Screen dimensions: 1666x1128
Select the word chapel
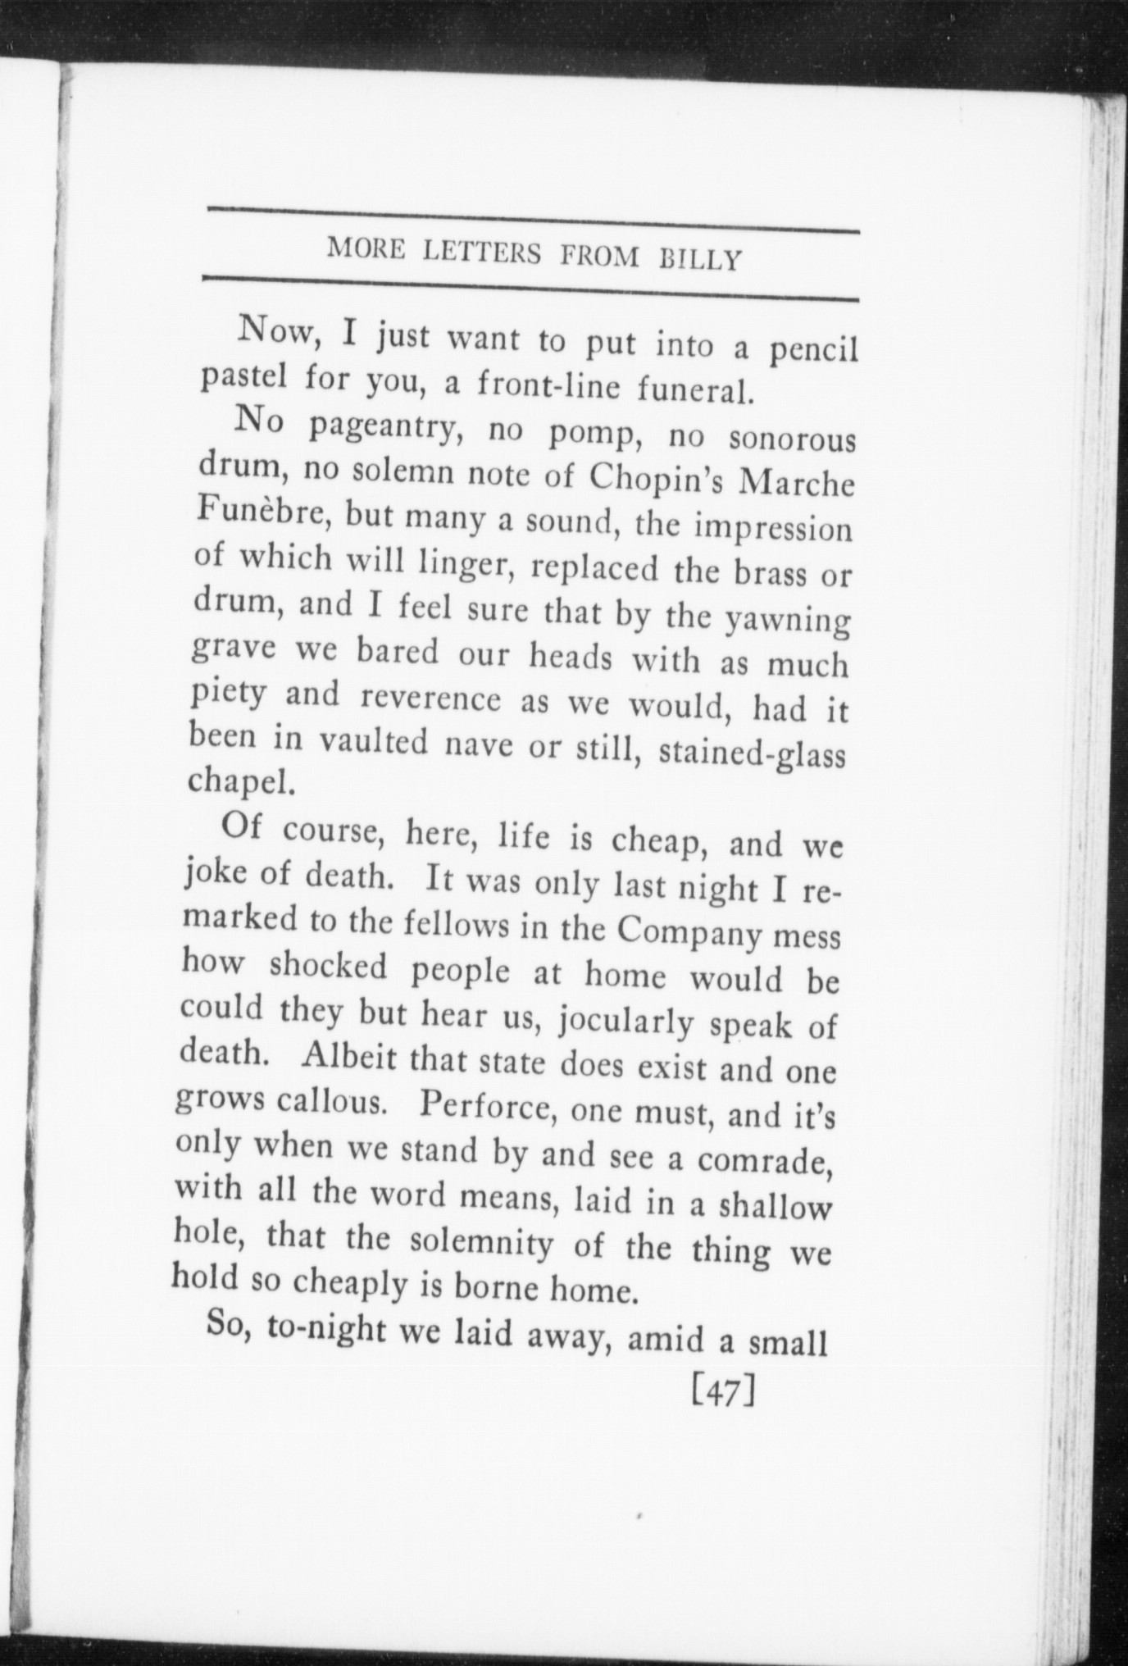(x=239, y=784)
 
